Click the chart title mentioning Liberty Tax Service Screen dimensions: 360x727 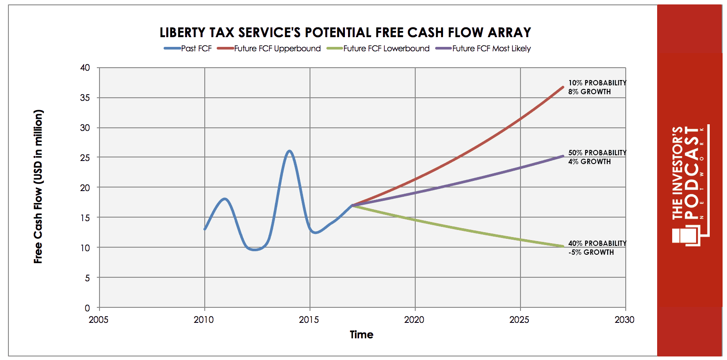(345, 32)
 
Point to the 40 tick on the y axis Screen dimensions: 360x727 (85, 68)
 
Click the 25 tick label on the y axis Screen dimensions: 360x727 (85, 158)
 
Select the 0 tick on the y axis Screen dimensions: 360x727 (87, 308)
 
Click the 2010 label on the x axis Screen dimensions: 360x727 (203, 320)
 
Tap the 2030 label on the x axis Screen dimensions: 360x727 (624, 320)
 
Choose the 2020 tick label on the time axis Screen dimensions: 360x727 (414, 320)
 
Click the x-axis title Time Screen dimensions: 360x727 (361, 335)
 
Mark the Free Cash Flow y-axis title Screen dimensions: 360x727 (38, 187)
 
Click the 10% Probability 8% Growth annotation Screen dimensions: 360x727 (597, 87)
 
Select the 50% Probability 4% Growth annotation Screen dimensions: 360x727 (597, 157)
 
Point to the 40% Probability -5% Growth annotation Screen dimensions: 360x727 (597, 248)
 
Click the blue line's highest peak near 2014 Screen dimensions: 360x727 (290, 151)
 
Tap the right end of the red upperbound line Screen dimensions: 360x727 (563, 87)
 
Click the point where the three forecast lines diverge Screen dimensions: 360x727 (352, 206)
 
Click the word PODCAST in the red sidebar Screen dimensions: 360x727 (691, 173)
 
